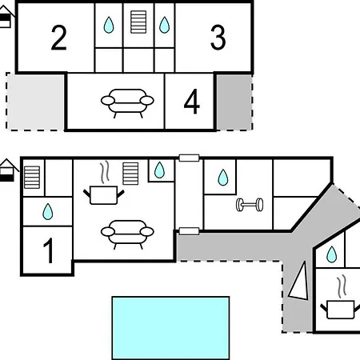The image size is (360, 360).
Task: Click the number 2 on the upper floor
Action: click(58, 38)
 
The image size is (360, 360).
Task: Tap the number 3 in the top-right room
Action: click(218, 38)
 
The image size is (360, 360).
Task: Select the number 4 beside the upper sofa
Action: click(192, 102)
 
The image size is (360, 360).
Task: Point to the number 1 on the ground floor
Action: click(49, 250)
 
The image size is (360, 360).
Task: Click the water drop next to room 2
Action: click(109, 25)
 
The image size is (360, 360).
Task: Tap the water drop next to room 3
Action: click(164, 25)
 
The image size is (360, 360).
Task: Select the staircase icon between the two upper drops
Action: click(138, 22)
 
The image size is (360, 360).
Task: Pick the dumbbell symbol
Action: click(250, 205)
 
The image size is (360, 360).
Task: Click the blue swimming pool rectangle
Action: click(170, 328)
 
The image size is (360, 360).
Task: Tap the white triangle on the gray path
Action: click(299, 281)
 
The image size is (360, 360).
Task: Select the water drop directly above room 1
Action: click(48, 212)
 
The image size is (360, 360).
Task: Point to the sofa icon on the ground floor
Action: click(127, 234)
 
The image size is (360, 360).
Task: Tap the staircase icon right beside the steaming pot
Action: click(130, 174)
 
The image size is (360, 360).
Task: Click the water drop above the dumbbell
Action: click(223, 178)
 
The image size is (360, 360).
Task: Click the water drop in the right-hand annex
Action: click(331, 254)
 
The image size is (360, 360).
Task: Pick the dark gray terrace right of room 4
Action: click(234, 102)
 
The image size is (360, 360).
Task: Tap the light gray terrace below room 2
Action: click(35, 102)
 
